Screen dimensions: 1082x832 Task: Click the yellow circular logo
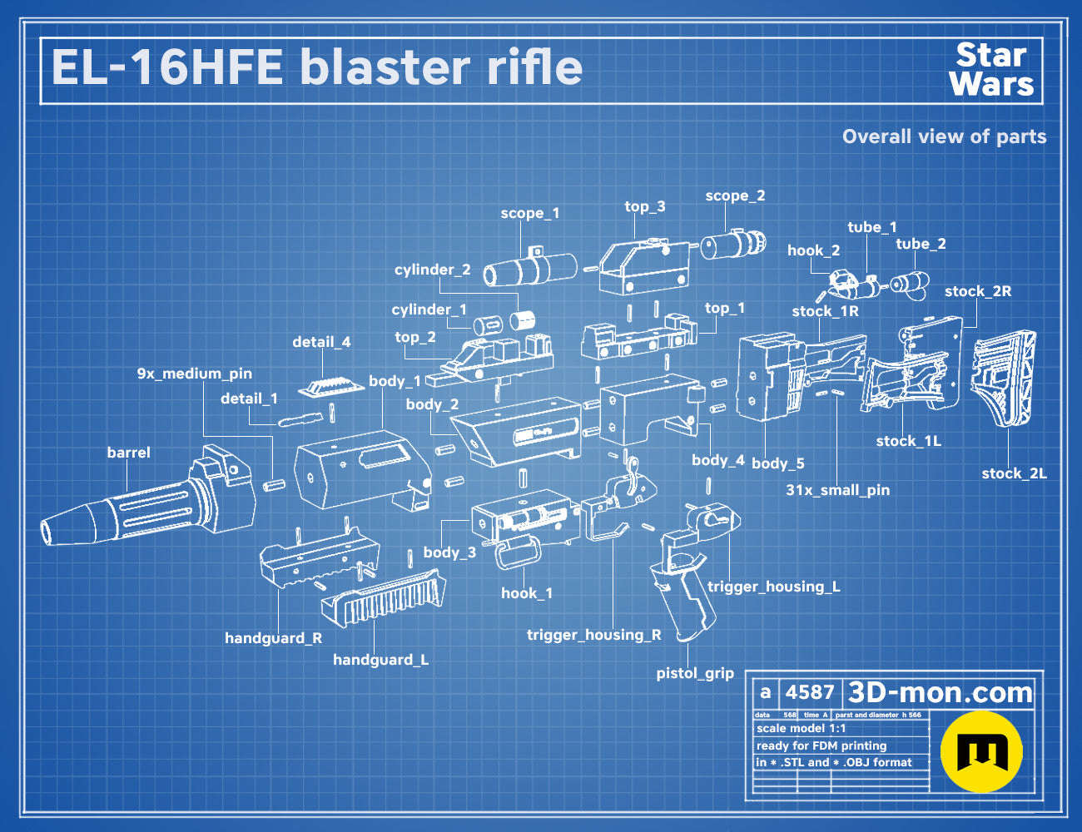[981, 752]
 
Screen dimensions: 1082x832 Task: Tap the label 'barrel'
[128, 453]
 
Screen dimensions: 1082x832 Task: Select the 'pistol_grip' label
[695, 674]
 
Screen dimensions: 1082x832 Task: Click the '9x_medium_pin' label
[195, 374]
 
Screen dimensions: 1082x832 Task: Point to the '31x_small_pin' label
[838, 490]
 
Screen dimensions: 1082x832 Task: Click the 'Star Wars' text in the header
[991, 70]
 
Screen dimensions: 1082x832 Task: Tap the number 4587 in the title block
[810, 692]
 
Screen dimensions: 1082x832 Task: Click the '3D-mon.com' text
[940, 693]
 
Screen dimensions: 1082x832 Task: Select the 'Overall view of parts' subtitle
[944, 136]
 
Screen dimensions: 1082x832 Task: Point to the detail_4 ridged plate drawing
[331, 387]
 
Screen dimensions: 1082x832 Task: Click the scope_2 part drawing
[733, 245]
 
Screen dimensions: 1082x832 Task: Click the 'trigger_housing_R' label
[594, 635]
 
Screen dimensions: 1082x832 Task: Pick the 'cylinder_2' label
[433, 270]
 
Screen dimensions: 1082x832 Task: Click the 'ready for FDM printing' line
[821, 745]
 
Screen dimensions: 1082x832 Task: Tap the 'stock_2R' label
[978, 291]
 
